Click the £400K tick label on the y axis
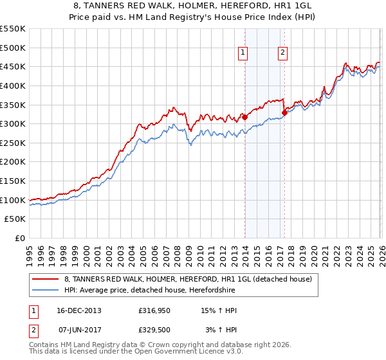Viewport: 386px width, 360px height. pos(13,85)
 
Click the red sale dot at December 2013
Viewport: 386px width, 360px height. pos(244,118)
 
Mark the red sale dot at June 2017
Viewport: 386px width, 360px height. pos(284,113)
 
